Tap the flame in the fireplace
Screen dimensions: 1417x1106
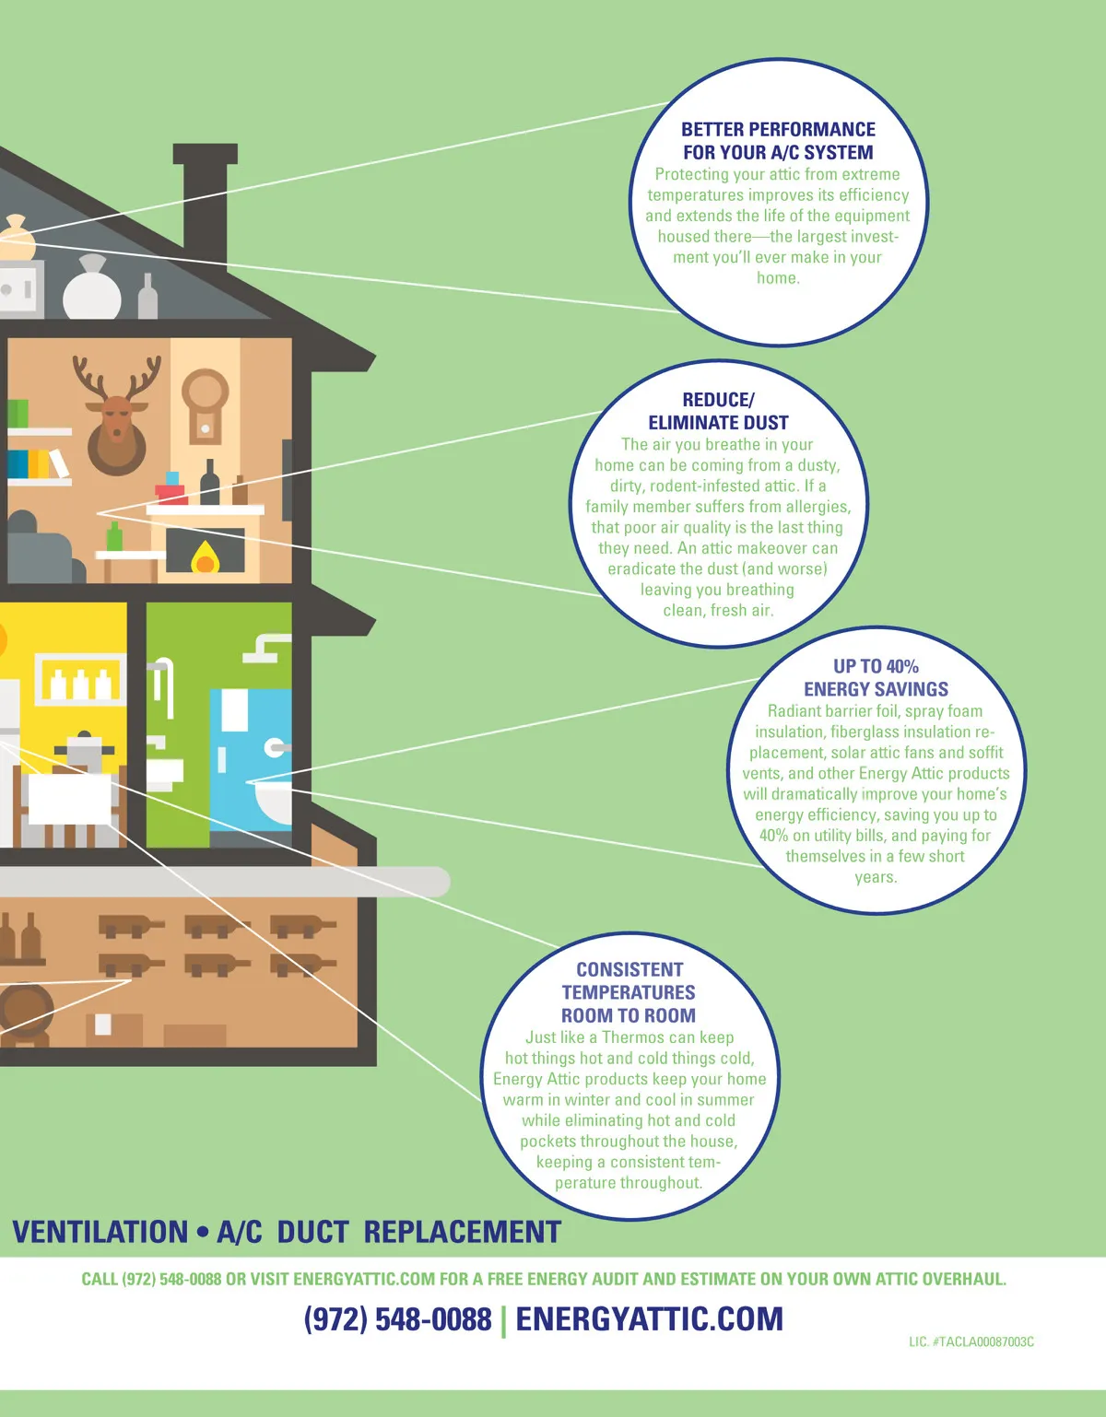click(205, 556)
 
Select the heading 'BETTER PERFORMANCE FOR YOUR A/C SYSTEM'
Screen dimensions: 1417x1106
click(778, 141)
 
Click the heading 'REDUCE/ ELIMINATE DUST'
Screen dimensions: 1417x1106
click(718, 411)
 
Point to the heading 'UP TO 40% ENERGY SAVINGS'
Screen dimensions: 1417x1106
click(876, 677)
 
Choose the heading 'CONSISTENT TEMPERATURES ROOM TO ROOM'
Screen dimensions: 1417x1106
click(629, 992)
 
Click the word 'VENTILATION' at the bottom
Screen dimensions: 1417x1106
click(100, 1232)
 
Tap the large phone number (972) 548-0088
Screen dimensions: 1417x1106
click(398, 1319)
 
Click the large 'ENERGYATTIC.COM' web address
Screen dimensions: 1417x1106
click(649, 1319)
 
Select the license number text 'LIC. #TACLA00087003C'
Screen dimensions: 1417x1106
click(971, 1341)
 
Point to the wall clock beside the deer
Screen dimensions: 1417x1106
click(205, 405)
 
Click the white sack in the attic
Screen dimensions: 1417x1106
click(91, 289)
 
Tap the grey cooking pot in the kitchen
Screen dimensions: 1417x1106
click(85, 751)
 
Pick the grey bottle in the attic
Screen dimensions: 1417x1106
click(147, 297)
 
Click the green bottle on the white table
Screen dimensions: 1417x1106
click(114, 537)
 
